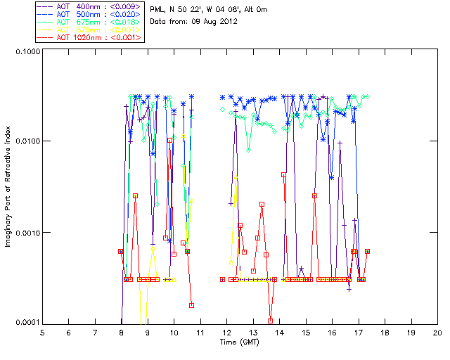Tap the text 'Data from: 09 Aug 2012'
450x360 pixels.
(190, 22)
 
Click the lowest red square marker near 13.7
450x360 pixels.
(271, 321)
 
